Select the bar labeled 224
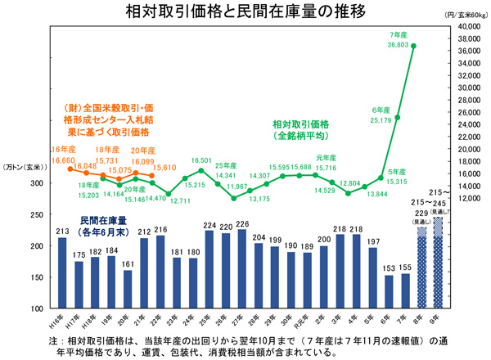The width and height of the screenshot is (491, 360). coord(209,269)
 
